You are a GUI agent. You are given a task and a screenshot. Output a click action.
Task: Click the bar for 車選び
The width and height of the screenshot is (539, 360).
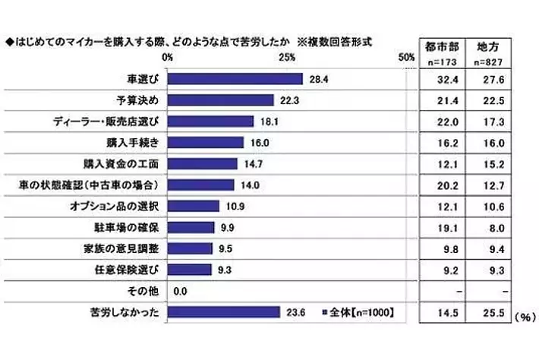tap(235, 79)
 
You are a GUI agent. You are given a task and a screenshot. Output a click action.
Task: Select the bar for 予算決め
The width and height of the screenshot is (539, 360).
tap(220, 99)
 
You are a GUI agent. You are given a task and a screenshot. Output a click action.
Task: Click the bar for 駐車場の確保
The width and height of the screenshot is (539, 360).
tap(191, 226)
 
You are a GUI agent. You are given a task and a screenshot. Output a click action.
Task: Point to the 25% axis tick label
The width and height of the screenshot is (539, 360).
tap(287, 58)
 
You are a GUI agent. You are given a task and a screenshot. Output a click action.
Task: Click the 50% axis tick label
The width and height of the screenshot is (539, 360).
tap(406, 58)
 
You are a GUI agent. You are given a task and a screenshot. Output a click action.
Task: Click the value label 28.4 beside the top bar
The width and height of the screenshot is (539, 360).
tap(317, 79)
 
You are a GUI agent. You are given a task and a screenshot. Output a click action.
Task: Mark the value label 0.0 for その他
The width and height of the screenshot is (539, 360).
tap(181, 290)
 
